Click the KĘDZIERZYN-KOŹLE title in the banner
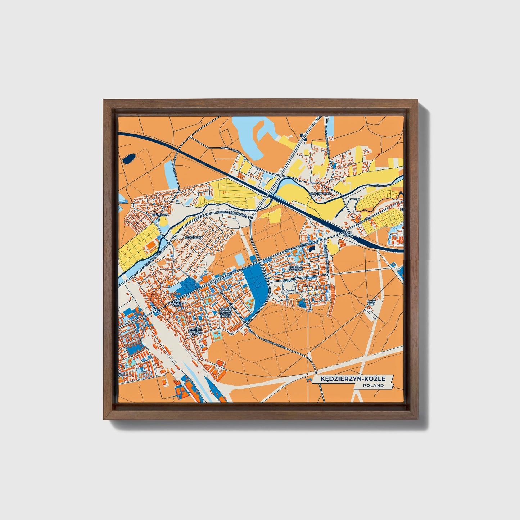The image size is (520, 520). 349,379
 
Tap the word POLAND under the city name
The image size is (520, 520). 373,385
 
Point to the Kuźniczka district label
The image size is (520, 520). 160,215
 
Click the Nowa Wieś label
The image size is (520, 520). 347,235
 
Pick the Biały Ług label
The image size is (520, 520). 371,303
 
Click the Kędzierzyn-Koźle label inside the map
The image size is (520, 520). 177,304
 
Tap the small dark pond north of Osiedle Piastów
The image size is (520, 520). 311,248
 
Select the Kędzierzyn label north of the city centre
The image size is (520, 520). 193,238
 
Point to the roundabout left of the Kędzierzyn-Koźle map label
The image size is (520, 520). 158,310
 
